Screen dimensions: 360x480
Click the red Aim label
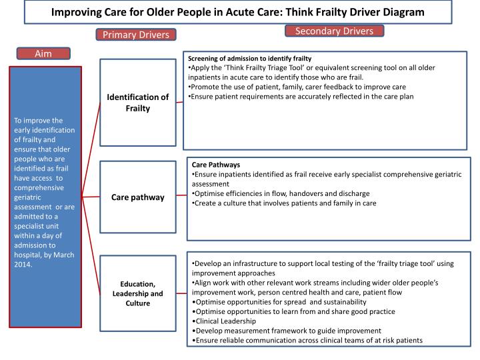[43, 53]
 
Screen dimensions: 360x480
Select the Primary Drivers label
[136, 34]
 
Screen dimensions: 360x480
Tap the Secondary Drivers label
[334, 31]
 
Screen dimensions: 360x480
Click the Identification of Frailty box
[138, 103]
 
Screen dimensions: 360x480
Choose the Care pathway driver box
[138, 197]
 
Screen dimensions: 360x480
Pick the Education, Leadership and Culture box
[138, 293]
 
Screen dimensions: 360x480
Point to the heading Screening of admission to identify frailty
[249, 59]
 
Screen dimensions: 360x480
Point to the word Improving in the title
[79, 12]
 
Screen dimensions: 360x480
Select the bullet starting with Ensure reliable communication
[307, 340]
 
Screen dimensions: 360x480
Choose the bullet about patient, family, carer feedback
[297, 87]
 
